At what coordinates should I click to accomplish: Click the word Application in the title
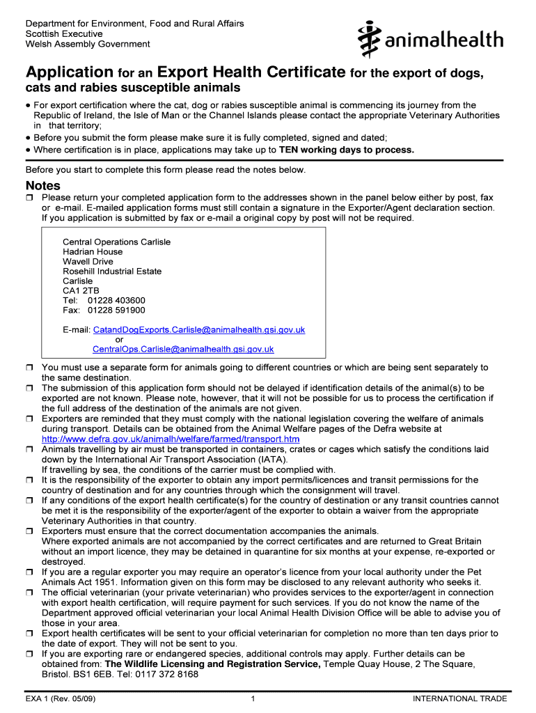[x=69, y=72]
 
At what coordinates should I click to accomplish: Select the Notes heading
[x=43, y=186]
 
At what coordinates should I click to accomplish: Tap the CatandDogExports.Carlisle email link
[x=198, y=329]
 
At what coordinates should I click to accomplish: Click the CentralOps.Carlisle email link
[x=183, y=349]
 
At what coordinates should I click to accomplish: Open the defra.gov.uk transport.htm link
[x=171, y=439]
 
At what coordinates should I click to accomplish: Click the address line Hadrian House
[x=93, y=251]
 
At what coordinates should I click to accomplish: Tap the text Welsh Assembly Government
[x=88, y=44]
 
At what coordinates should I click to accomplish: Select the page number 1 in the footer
[x=253, y=698]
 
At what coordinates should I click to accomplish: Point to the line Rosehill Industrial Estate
[x=112, y=271]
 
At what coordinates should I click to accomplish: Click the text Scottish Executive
[x=64, y=33]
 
